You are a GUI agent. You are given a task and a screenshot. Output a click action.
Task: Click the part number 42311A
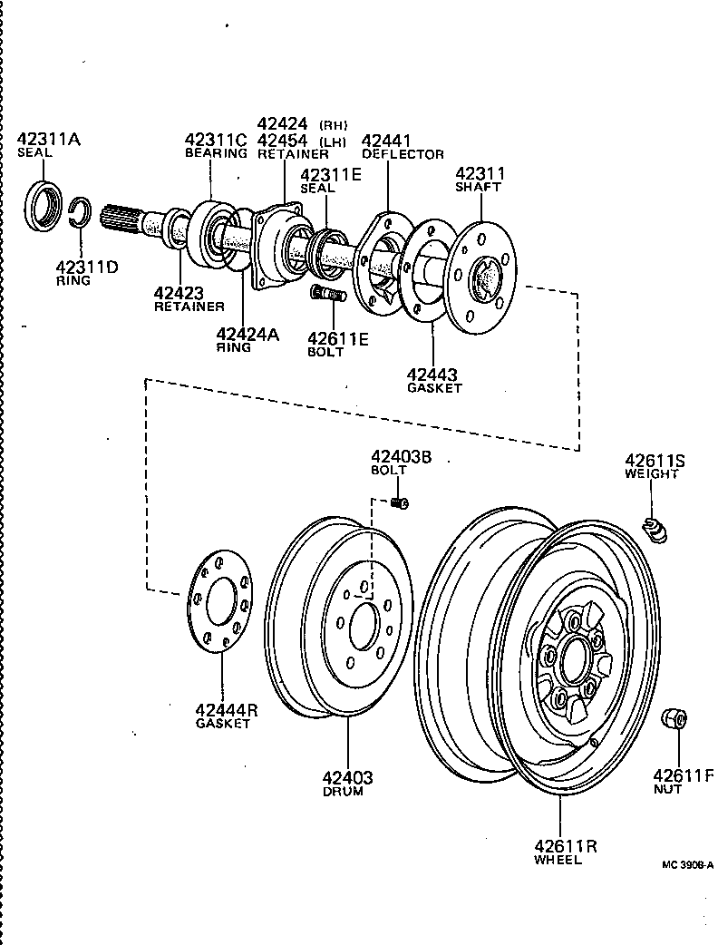(x=48, y=139)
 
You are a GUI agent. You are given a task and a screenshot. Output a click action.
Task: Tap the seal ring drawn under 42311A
(x=43, y=207)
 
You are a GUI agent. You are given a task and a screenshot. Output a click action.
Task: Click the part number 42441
(x=386, y=141)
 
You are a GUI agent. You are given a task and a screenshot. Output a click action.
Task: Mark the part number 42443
(x=432, y=374)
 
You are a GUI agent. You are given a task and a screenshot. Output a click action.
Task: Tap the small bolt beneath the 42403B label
(x=399, y=503)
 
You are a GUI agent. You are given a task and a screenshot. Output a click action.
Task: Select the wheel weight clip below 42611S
(x=655, y=529)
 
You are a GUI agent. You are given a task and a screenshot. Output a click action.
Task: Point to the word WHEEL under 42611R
(x=558, y=860)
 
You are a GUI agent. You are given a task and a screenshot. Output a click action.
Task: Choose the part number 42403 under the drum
(x=346, y=777)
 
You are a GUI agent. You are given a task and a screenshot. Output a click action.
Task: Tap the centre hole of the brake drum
(x=364, y=623)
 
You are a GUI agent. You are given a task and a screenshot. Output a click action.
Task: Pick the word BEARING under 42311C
(x=216, y=153)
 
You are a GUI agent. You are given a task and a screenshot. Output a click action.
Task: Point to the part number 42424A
(x=247, y=334)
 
